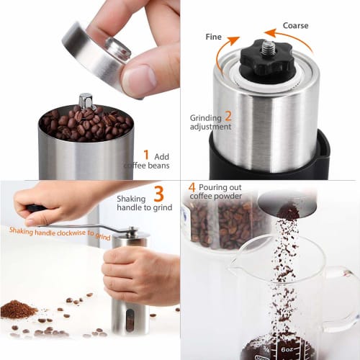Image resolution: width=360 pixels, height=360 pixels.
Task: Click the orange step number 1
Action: [x=146, y=154]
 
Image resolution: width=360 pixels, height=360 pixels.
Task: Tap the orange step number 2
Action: [x=228, y=115]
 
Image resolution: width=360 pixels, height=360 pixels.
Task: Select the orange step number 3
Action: [x=159, y=192]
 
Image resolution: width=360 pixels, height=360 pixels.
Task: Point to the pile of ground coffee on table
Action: [x=18, y=310]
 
